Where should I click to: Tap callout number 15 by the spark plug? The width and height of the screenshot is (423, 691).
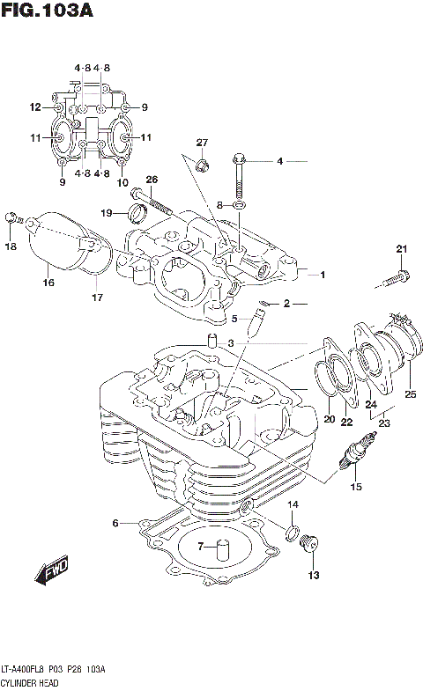click(x=356, y=486)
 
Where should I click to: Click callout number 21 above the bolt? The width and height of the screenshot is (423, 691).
click(x=402, y=248)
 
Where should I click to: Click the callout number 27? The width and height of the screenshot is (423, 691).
click(x=202, y=143)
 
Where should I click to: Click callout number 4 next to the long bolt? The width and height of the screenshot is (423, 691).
click(x=279, y=161)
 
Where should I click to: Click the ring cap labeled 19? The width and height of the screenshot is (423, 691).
click(x=136, y=212)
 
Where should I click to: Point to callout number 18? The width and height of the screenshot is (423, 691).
click(x=11, y=247)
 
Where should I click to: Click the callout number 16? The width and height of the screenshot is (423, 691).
click(x=48, y=283)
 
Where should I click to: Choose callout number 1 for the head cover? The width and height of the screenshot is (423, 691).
click(x=323, y=275)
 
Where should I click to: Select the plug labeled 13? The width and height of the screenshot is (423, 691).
click(x=309, y=548)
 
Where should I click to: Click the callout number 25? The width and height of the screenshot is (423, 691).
click(x=409, y=393)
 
